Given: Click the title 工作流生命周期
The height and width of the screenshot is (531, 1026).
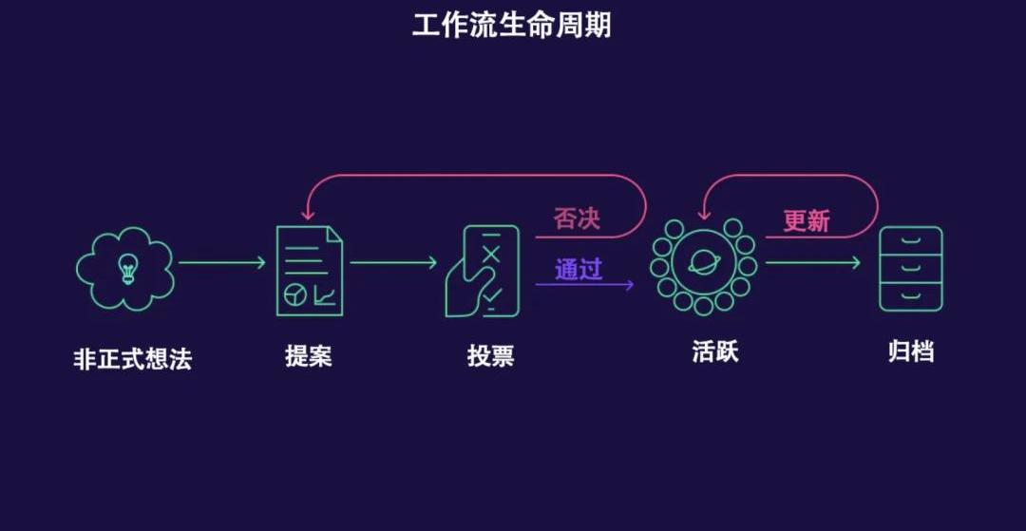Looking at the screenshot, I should (x=511, y=25).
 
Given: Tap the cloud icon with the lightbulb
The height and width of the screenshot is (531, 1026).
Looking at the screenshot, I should (x=125, y=269).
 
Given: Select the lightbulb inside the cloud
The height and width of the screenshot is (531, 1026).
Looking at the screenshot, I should (x=127, y=268).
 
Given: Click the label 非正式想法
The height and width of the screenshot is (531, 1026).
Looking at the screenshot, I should (x=132, y=359).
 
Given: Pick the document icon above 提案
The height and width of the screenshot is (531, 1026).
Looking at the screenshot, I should (x=310, y=271).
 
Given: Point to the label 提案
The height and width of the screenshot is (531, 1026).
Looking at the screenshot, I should (x=309, y=356).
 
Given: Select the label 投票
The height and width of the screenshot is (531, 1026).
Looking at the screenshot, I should (x=491, y=356).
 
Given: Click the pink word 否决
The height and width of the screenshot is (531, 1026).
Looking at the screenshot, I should (x=578, y=219).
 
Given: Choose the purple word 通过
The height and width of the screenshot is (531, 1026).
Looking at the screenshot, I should (x=579, y=270).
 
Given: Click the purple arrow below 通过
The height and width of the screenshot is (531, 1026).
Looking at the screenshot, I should (x=584, y=285).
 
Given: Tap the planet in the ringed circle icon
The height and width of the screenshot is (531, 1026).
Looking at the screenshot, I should (x=704, y=263).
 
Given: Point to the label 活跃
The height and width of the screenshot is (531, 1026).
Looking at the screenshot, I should (x=715, y=351).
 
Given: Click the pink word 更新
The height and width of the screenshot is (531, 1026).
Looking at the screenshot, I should (x=807, y=221).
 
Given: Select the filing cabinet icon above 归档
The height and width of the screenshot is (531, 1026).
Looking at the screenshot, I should (x=910, y=269).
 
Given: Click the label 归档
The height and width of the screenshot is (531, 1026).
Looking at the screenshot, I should (x=910, y=351).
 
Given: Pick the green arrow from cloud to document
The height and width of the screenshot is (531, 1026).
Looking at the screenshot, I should (x=221, y=263).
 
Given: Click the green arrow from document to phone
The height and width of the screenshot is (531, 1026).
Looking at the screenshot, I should (x=393, y=263).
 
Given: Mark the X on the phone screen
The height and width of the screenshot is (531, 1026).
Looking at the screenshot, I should (x=491, y=255).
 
